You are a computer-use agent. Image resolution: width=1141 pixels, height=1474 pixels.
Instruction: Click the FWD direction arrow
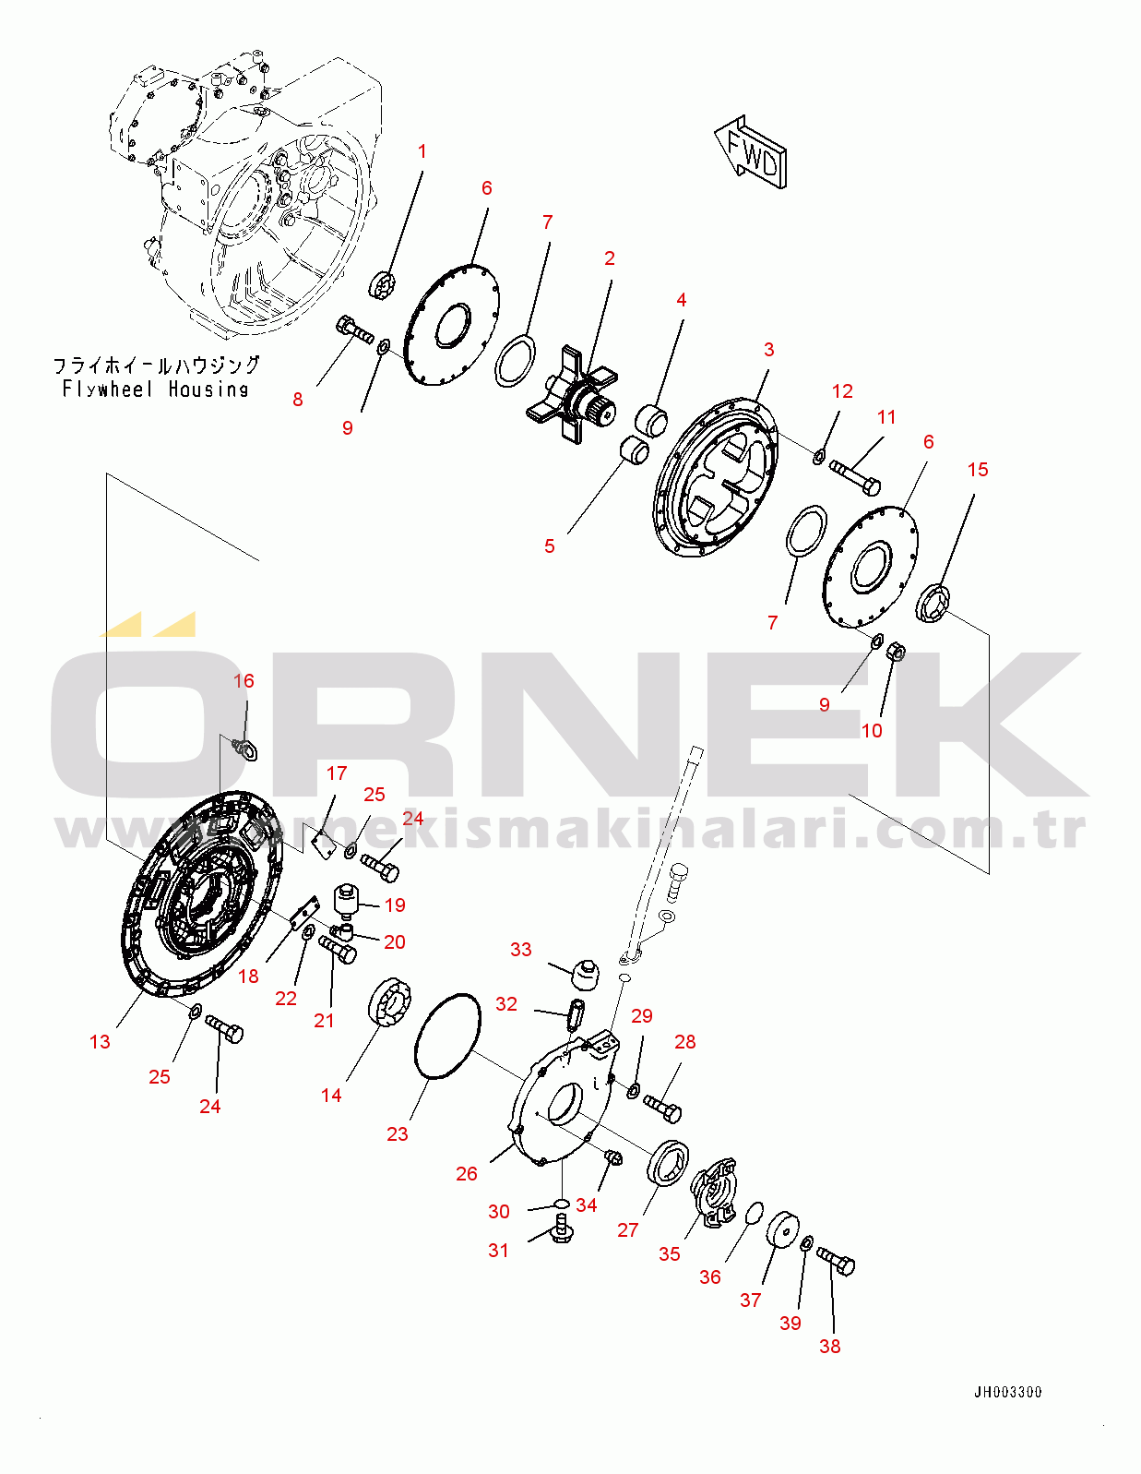click(x=752, y=152)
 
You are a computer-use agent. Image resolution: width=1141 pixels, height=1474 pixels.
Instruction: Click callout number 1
click(x=422, y=151)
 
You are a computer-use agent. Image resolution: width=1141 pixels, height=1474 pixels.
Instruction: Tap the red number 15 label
click(x=977, y=470)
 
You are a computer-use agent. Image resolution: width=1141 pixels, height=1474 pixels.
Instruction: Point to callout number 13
click(x=100, y=1042)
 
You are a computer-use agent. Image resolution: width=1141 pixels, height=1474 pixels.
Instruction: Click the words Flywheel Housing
click(x=155, y=389)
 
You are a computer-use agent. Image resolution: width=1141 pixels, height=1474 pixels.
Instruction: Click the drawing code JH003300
click(x=1007, y=1393)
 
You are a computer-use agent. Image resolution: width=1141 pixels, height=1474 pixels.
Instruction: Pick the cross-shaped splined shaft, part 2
click(x=573, y=393)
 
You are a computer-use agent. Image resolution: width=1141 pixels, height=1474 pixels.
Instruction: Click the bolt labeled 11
click(x=854, y=477)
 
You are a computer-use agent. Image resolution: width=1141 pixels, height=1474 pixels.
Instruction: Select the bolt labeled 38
click(x=836, y=1260)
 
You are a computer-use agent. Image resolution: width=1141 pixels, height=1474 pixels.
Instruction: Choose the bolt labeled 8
click(x=354, y=330)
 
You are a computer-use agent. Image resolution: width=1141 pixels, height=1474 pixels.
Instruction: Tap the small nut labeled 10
click(x=897, y=652)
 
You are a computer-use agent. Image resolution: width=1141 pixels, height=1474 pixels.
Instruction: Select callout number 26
click(x=466, y=1173)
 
